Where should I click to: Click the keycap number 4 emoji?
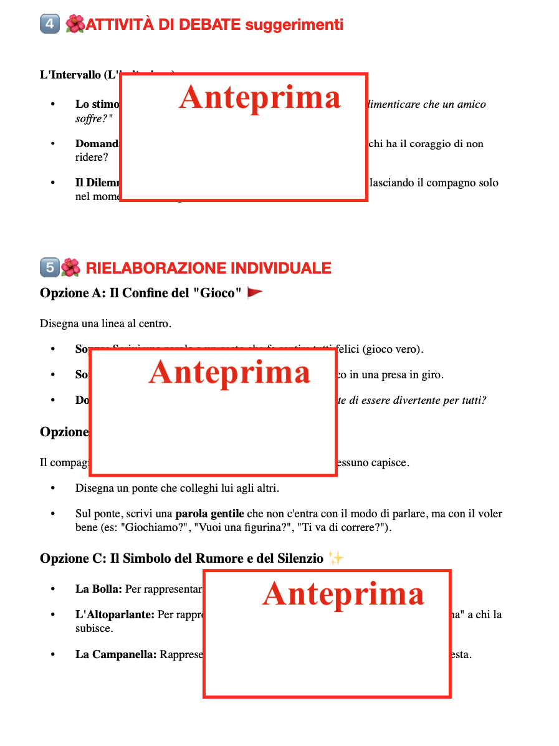pos(50,25)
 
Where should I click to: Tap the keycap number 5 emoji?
pos(49,268)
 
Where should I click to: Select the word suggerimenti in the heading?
pos(294,25)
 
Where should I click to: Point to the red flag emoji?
pos(255,293)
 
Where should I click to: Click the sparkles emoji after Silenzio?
pos(335,558)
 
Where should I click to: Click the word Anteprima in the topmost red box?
pos(260,98)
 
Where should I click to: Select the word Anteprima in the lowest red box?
pos(343,594)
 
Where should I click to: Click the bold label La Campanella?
pos(116,655)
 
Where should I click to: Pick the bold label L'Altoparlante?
pos(115,615)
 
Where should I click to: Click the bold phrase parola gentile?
pos(209,515)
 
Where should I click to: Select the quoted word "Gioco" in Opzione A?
pos(219,294)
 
